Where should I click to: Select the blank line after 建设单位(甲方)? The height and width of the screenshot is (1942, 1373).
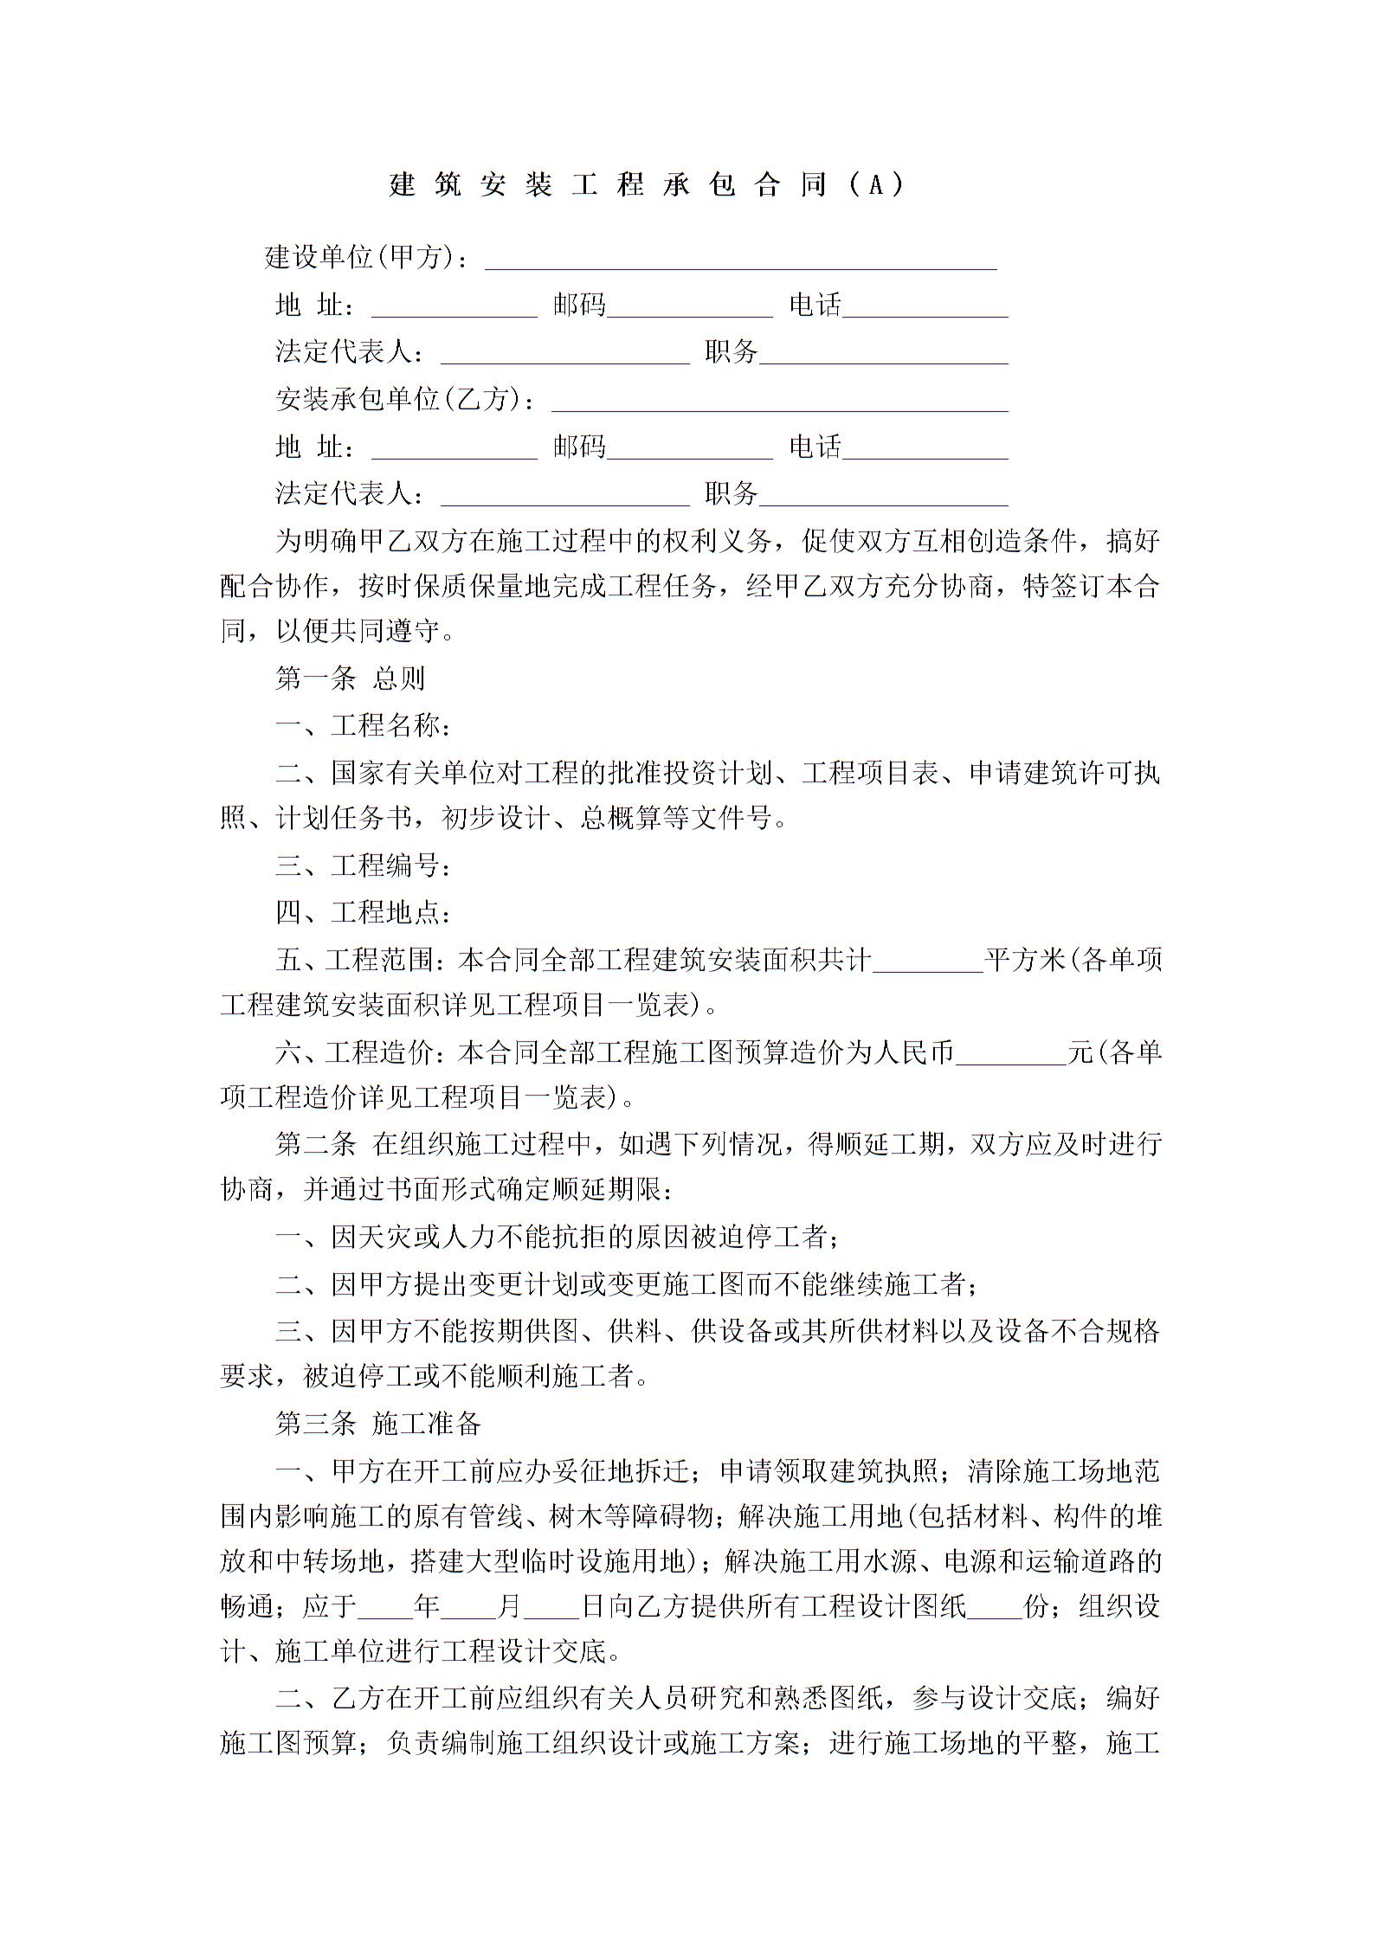coord(740,261)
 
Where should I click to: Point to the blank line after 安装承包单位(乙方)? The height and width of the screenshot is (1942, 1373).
coord(779,404)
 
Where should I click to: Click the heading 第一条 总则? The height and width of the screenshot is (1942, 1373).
coord(350,678)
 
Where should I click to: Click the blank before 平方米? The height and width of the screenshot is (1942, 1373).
coord(927,965)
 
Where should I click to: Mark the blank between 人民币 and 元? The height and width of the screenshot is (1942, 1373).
coord(1010,1058)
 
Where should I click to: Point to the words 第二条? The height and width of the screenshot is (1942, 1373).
coord(315,1144)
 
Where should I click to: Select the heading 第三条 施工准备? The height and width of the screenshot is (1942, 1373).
coord(377,1424)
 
